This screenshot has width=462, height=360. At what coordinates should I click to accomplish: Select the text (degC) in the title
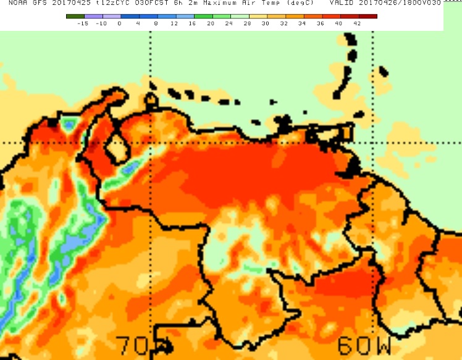tap(298, 4)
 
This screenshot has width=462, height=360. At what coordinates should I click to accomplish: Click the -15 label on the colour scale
tap(82, 23)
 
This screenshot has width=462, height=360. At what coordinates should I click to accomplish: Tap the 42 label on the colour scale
tap(356, 23)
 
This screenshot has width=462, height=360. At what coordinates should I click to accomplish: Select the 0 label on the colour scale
tap(119, 23)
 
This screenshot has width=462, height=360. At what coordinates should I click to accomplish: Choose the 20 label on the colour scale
tap(211, 23)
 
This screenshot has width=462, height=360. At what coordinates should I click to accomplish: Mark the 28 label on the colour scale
tap(247, 23)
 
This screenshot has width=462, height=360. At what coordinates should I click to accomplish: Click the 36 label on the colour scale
tap(320, 23)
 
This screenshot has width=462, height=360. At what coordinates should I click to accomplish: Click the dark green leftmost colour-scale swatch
tap(75, 16)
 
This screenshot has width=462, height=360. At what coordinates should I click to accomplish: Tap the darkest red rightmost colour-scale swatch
tap(368, 16)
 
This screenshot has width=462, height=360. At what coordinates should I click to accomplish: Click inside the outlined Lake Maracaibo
tap(115, 149)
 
